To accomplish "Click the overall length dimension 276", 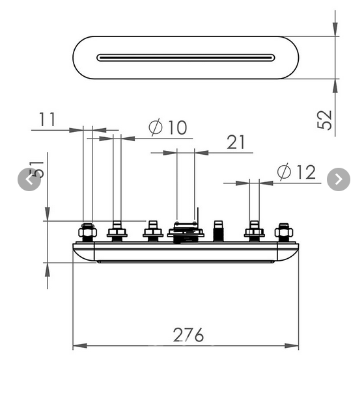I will [x=188, y=335].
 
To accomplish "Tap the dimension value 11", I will [x=48, y=120].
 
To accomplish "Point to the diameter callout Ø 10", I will [x=167, y=127].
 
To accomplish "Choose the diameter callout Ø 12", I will [x=296, y=172].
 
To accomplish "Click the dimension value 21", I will [x=236, y=142].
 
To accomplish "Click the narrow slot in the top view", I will [x=186, y=57].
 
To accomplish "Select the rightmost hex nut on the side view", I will [x=284, y=231].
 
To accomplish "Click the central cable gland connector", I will [x=186, y=230].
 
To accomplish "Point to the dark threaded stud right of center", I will [x=219, y=230].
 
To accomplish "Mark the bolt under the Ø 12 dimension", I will [x=254, y=231].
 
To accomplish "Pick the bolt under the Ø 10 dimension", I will [x=117, y=231].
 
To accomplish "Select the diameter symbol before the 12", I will [x=284, y=172].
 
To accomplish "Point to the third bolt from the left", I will [x=152, y=231].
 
